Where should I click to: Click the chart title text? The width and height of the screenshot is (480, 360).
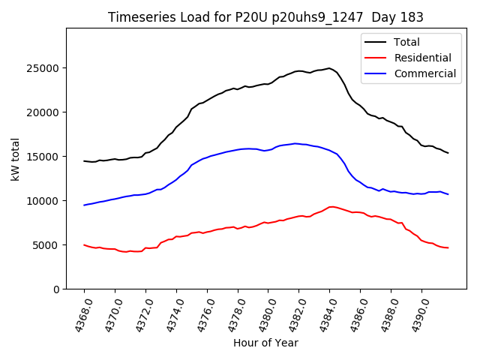265,17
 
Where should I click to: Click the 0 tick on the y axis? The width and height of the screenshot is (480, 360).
57,289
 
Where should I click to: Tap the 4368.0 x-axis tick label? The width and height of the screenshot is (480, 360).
78,313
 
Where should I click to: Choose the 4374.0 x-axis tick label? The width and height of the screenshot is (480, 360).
170,313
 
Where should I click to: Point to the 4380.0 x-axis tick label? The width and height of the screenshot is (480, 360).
262,313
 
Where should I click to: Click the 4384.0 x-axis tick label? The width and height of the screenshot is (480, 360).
323,313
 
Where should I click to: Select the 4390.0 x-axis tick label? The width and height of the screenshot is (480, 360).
415,313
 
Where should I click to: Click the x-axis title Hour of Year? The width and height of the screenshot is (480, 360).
265,343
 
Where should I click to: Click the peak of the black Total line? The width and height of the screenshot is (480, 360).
329,68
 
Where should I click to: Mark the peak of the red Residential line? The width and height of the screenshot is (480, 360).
331,207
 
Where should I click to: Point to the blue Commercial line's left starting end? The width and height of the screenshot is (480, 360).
84,205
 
